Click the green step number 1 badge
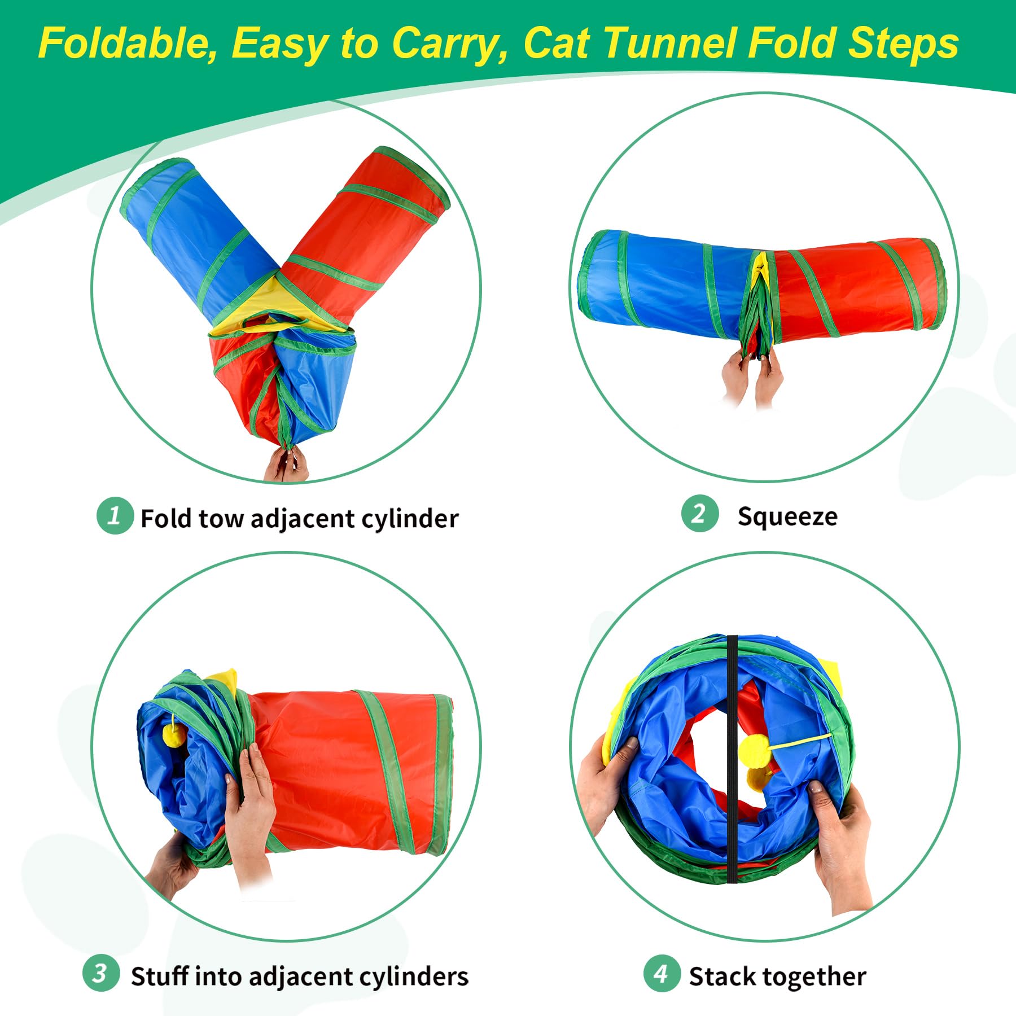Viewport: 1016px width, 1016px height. pyautogui.click(x=115, y=515)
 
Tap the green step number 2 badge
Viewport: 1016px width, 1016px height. pyautogui.click(x=700, y=513)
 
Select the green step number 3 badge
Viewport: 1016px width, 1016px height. pyautogui.click(x=101, y=973)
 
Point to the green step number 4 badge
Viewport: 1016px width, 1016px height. pyautogui.click(x=662, y=973)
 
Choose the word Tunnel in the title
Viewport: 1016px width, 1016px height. pyautogui.click(x=671, y=43)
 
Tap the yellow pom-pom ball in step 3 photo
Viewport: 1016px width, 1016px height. pyautogui.click(x=174, y=735)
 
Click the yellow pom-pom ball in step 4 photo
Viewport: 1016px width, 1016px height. pyautogui.click(x=754, y=751)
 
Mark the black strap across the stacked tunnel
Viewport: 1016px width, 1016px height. pyautogui.click(x=732, y=759)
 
